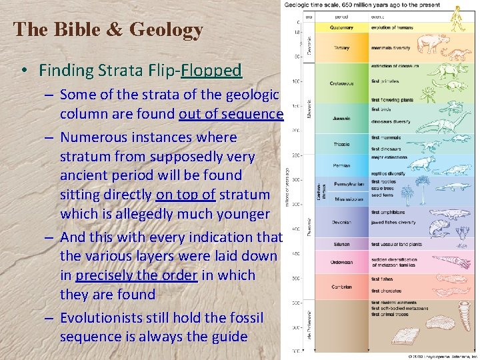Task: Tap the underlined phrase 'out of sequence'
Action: pos(231,114)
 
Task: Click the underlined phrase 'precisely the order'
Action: pos(137,275)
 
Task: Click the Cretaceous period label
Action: pos(342,83)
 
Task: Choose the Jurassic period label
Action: pos(342,119)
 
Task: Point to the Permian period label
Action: pos(342,164)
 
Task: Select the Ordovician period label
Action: pos(342,261)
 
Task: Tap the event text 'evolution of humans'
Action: pos(393,28)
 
